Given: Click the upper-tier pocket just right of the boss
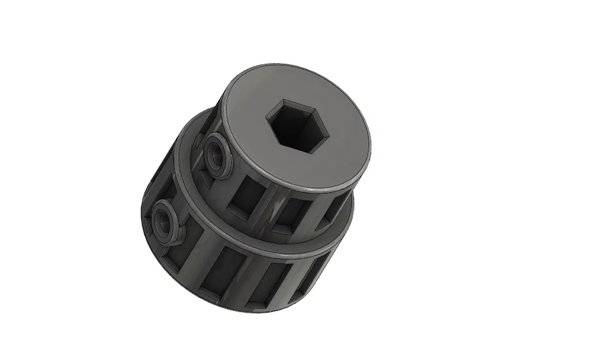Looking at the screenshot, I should point(246,193).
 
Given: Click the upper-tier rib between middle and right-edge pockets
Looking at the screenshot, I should point(311,214).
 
